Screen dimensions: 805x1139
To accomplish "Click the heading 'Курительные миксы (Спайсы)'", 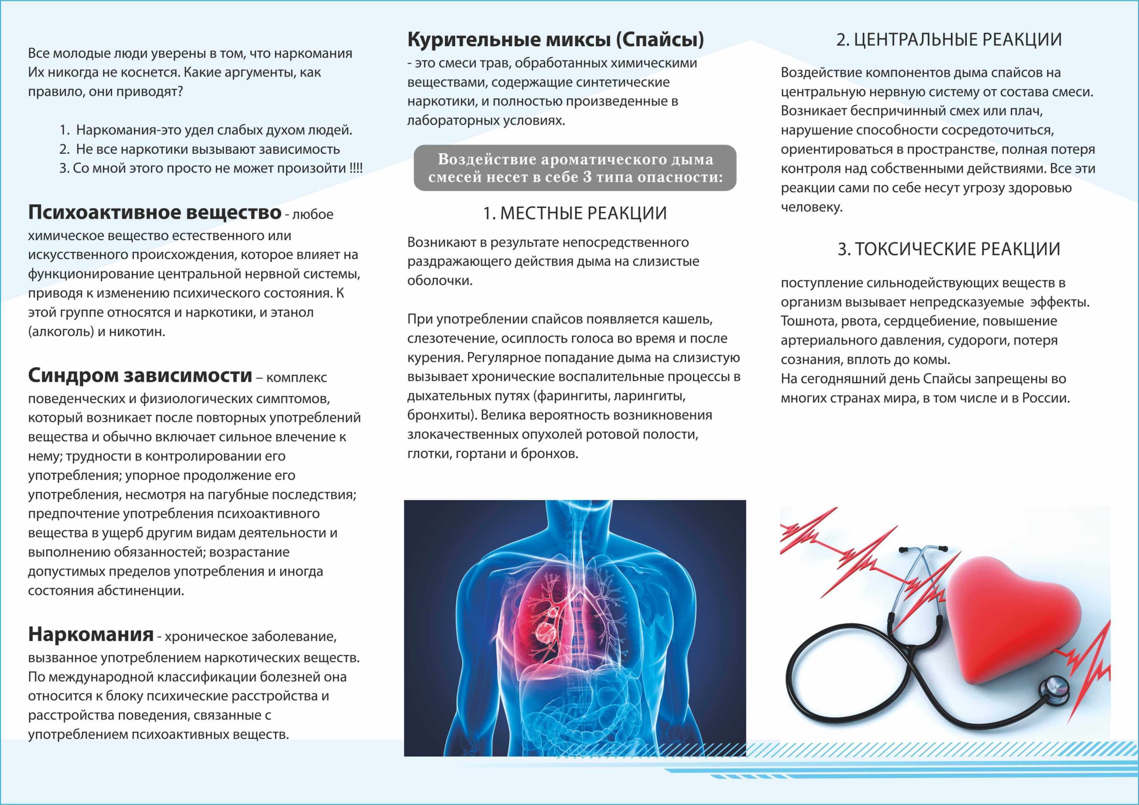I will pyautogui.click(x=555, y=40).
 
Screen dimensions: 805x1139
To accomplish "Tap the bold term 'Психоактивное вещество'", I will pyautogui.click(x=154, y=212).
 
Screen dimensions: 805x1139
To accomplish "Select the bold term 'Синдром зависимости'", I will pyautogui.click(x=140, y=376).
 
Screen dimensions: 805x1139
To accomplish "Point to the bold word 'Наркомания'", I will pyautogui.click(x=91, y=634).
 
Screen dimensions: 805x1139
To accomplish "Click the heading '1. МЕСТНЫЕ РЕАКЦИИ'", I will pyautogui.click(x=574, y=213).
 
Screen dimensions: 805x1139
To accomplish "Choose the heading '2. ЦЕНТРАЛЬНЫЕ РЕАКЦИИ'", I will pyautogui.click(x=949, y=40).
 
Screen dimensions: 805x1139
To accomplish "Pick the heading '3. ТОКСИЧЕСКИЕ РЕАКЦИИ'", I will pyautogui.click(x=949, y=249).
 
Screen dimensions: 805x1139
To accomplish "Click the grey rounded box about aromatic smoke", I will pyautogui.click(x=574, y=168).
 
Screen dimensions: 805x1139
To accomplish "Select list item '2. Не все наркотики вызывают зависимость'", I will pyautogui.click(x=199, y=149).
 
